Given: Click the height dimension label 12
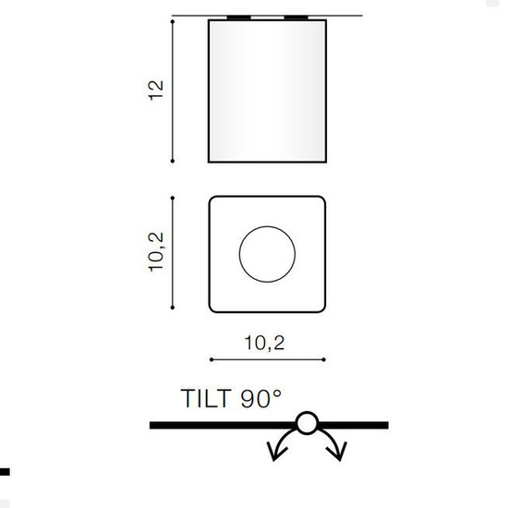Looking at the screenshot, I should [156, 89].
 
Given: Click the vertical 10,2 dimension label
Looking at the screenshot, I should [156, 251].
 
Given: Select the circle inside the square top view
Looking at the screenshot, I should [267, 252].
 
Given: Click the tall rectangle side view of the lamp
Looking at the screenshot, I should [267, 91].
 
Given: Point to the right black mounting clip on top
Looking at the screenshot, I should [296, 17].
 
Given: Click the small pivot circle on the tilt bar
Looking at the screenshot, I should [306, 425].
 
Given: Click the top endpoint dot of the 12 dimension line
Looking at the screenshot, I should [174, 18].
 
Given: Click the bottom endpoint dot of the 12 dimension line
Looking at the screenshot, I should [174, 162].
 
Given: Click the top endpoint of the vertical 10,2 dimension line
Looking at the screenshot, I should [174, 196].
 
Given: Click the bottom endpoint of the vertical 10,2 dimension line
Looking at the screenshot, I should [174, 309].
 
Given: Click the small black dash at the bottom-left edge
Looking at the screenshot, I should [4, 472].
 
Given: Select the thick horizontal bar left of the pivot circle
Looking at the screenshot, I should [222, 425].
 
